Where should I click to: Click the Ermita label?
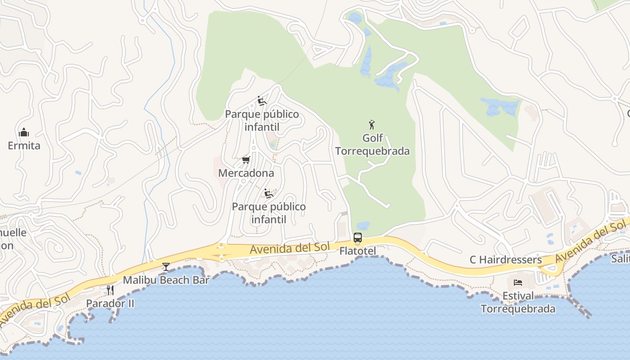tap(24, 145)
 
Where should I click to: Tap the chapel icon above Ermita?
tap(24, 132)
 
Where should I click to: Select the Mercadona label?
tap(246, 173)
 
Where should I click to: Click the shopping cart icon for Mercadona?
tap(246, 160)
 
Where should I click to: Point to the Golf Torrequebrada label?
tap(373, 144)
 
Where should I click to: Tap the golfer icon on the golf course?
tap(372, 125)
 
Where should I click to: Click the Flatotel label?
tap(358, 251)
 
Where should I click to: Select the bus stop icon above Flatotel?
tap(358, 237)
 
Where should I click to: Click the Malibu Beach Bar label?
tap(166, 280)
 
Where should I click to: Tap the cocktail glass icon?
tap(166, 267)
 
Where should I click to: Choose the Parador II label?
tap(110, 303)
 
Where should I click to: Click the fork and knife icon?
tap(110, 290)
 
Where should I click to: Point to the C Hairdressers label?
tap(506, 260)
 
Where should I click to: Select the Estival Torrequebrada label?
tap(518, 302)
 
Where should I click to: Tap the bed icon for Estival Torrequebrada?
tap(518, 283)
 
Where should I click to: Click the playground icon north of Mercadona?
tap(262, 101)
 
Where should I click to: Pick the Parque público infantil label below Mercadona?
tap(269, 213)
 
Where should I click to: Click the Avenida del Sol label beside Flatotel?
tap(290, 247)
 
